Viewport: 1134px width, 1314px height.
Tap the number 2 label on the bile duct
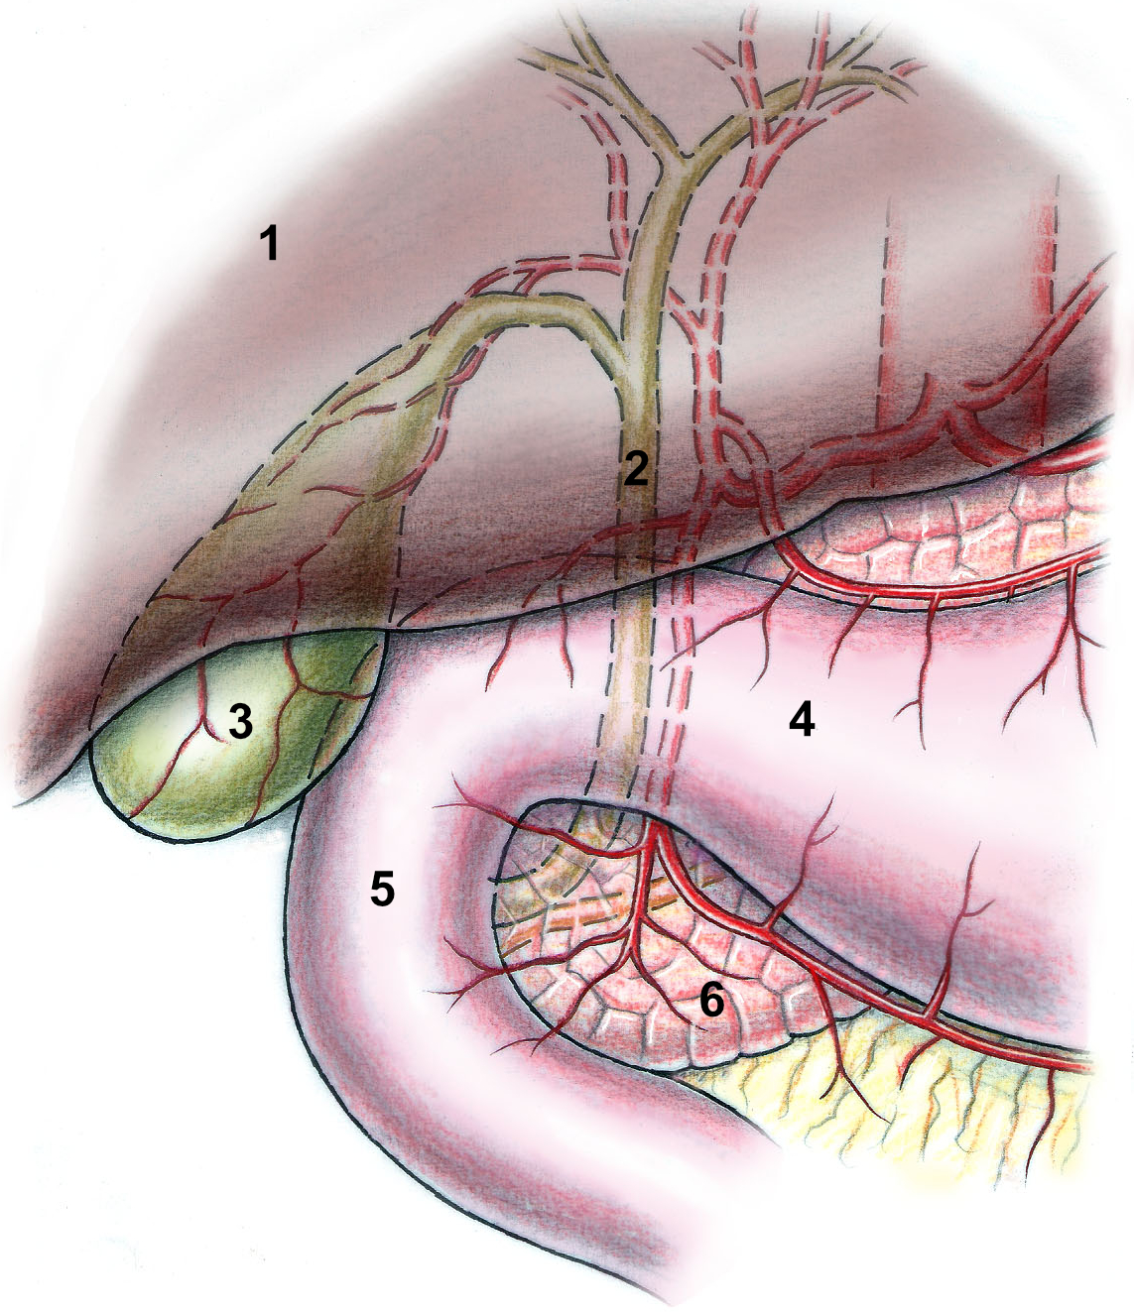636,468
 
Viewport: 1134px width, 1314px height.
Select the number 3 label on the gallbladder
240,724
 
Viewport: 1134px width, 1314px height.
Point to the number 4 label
802,721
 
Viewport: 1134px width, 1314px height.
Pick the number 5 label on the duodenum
382,890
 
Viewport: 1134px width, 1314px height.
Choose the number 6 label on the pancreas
711,1002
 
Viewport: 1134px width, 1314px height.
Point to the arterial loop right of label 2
739,456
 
